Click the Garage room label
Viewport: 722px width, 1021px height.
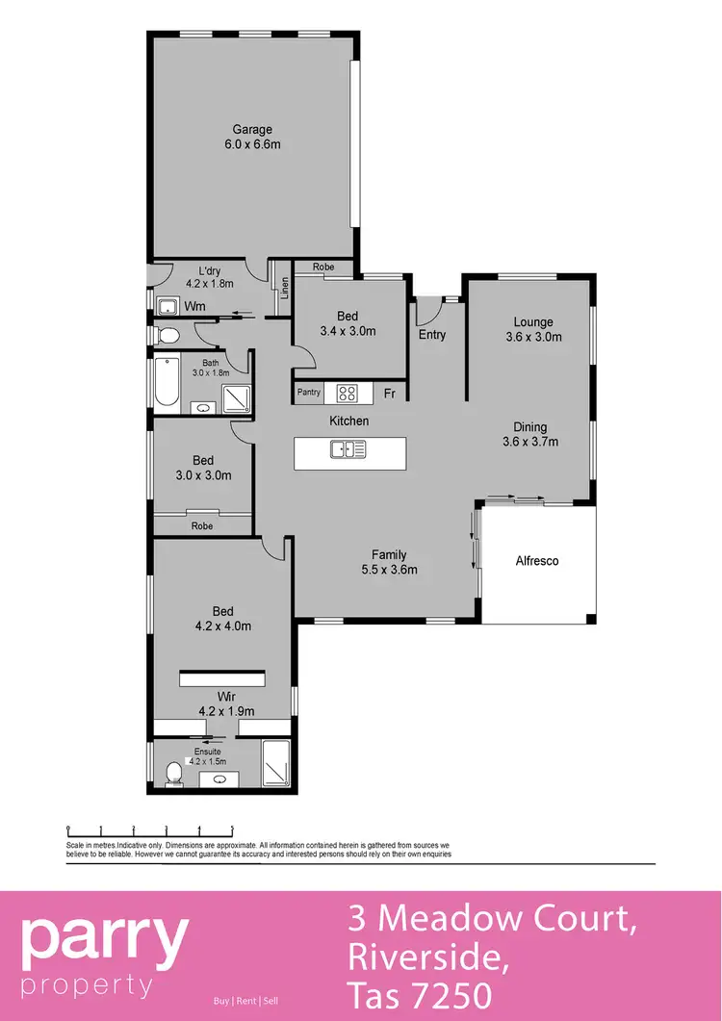251,130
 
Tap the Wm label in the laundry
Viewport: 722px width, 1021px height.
195,307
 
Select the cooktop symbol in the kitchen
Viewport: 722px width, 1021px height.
346,393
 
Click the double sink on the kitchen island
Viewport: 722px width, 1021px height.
348,448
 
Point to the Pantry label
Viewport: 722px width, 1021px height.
309,393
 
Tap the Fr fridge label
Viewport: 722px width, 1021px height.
390,394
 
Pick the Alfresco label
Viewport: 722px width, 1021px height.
537,560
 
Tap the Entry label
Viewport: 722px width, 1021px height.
432,335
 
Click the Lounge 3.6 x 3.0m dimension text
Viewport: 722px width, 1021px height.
532,338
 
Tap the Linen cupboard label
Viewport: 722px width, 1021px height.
285,287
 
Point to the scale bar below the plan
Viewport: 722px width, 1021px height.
150,830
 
